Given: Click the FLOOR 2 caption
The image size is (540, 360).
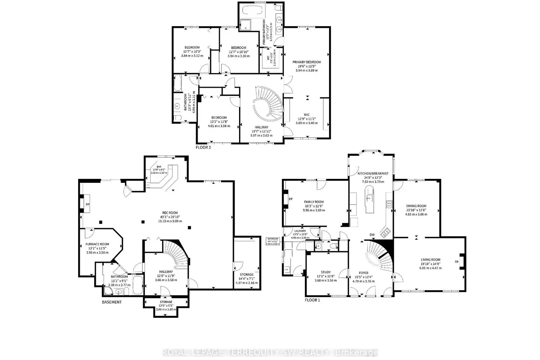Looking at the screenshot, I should [x=203, y=147].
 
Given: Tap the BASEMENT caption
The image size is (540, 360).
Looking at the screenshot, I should [x=111, y=302].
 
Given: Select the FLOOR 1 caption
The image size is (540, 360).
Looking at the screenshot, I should [x=312, y=300].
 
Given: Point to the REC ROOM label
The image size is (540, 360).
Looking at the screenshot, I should [x=169, y=213].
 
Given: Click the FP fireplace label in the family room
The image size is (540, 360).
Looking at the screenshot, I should [x=291, y=199].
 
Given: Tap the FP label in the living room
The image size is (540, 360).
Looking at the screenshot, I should [x=456, y=262].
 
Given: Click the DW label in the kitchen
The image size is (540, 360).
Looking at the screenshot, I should [x=372, y=235].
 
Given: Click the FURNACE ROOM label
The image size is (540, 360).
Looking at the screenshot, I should [x=97, y=244].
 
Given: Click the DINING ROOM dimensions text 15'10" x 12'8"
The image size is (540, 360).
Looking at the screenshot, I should [x=417, y=210].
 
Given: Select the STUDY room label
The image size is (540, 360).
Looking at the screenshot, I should [x=325, y=272].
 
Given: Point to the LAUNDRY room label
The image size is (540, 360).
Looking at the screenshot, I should [x=300, y=231].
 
